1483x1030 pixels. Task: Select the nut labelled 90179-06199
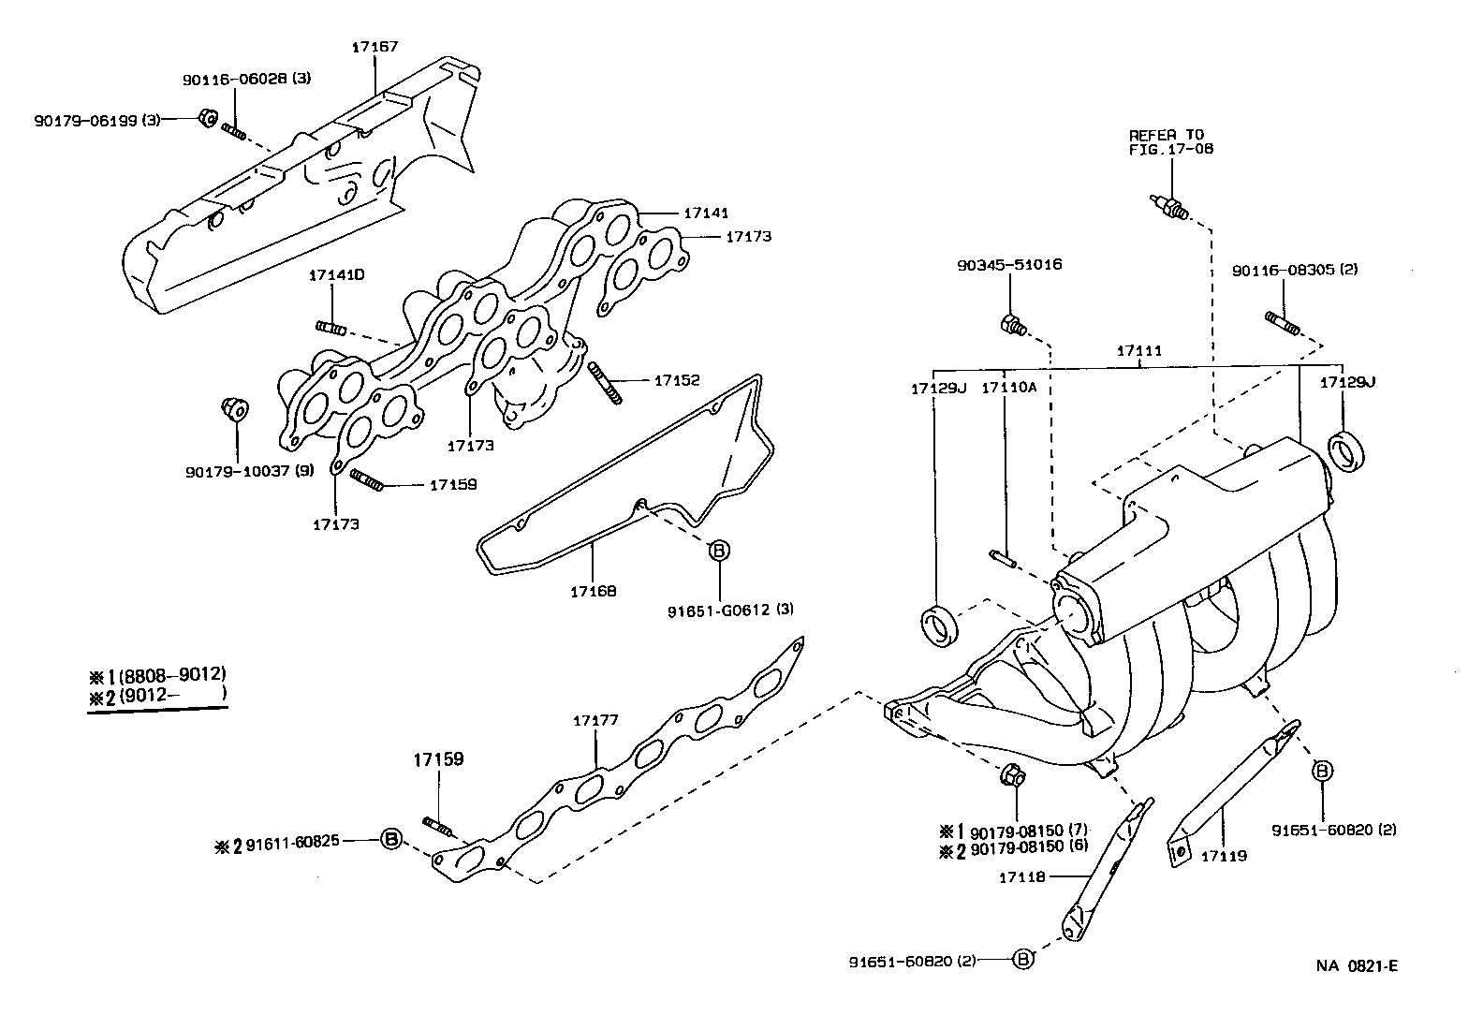coord(209,119)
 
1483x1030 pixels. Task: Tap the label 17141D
coord(336,275)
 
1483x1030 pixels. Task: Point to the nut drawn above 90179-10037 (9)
coord(234,409)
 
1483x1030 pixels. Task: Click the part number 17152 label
coord(676,380)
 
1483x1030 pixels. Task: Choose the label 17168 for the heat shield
coord(594,591)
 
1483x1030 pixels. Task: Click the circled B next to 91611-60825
coord(391,838)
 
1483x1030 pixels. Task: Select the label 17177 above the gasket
coord(595,720)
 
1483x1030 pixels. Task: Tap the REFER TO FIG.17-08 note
coord(1169,141)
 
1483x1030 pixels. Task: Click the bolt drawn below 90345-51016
coord(1012,326)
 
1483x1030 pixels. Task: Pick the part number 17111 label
coord(1138,350)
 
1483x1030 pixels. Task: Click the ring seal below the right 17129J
coord(1347,451)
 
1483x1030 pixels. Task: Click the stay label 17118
coord(1020,876)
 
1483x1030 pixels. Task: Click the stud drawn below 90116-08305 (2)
coord(1283,323)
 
